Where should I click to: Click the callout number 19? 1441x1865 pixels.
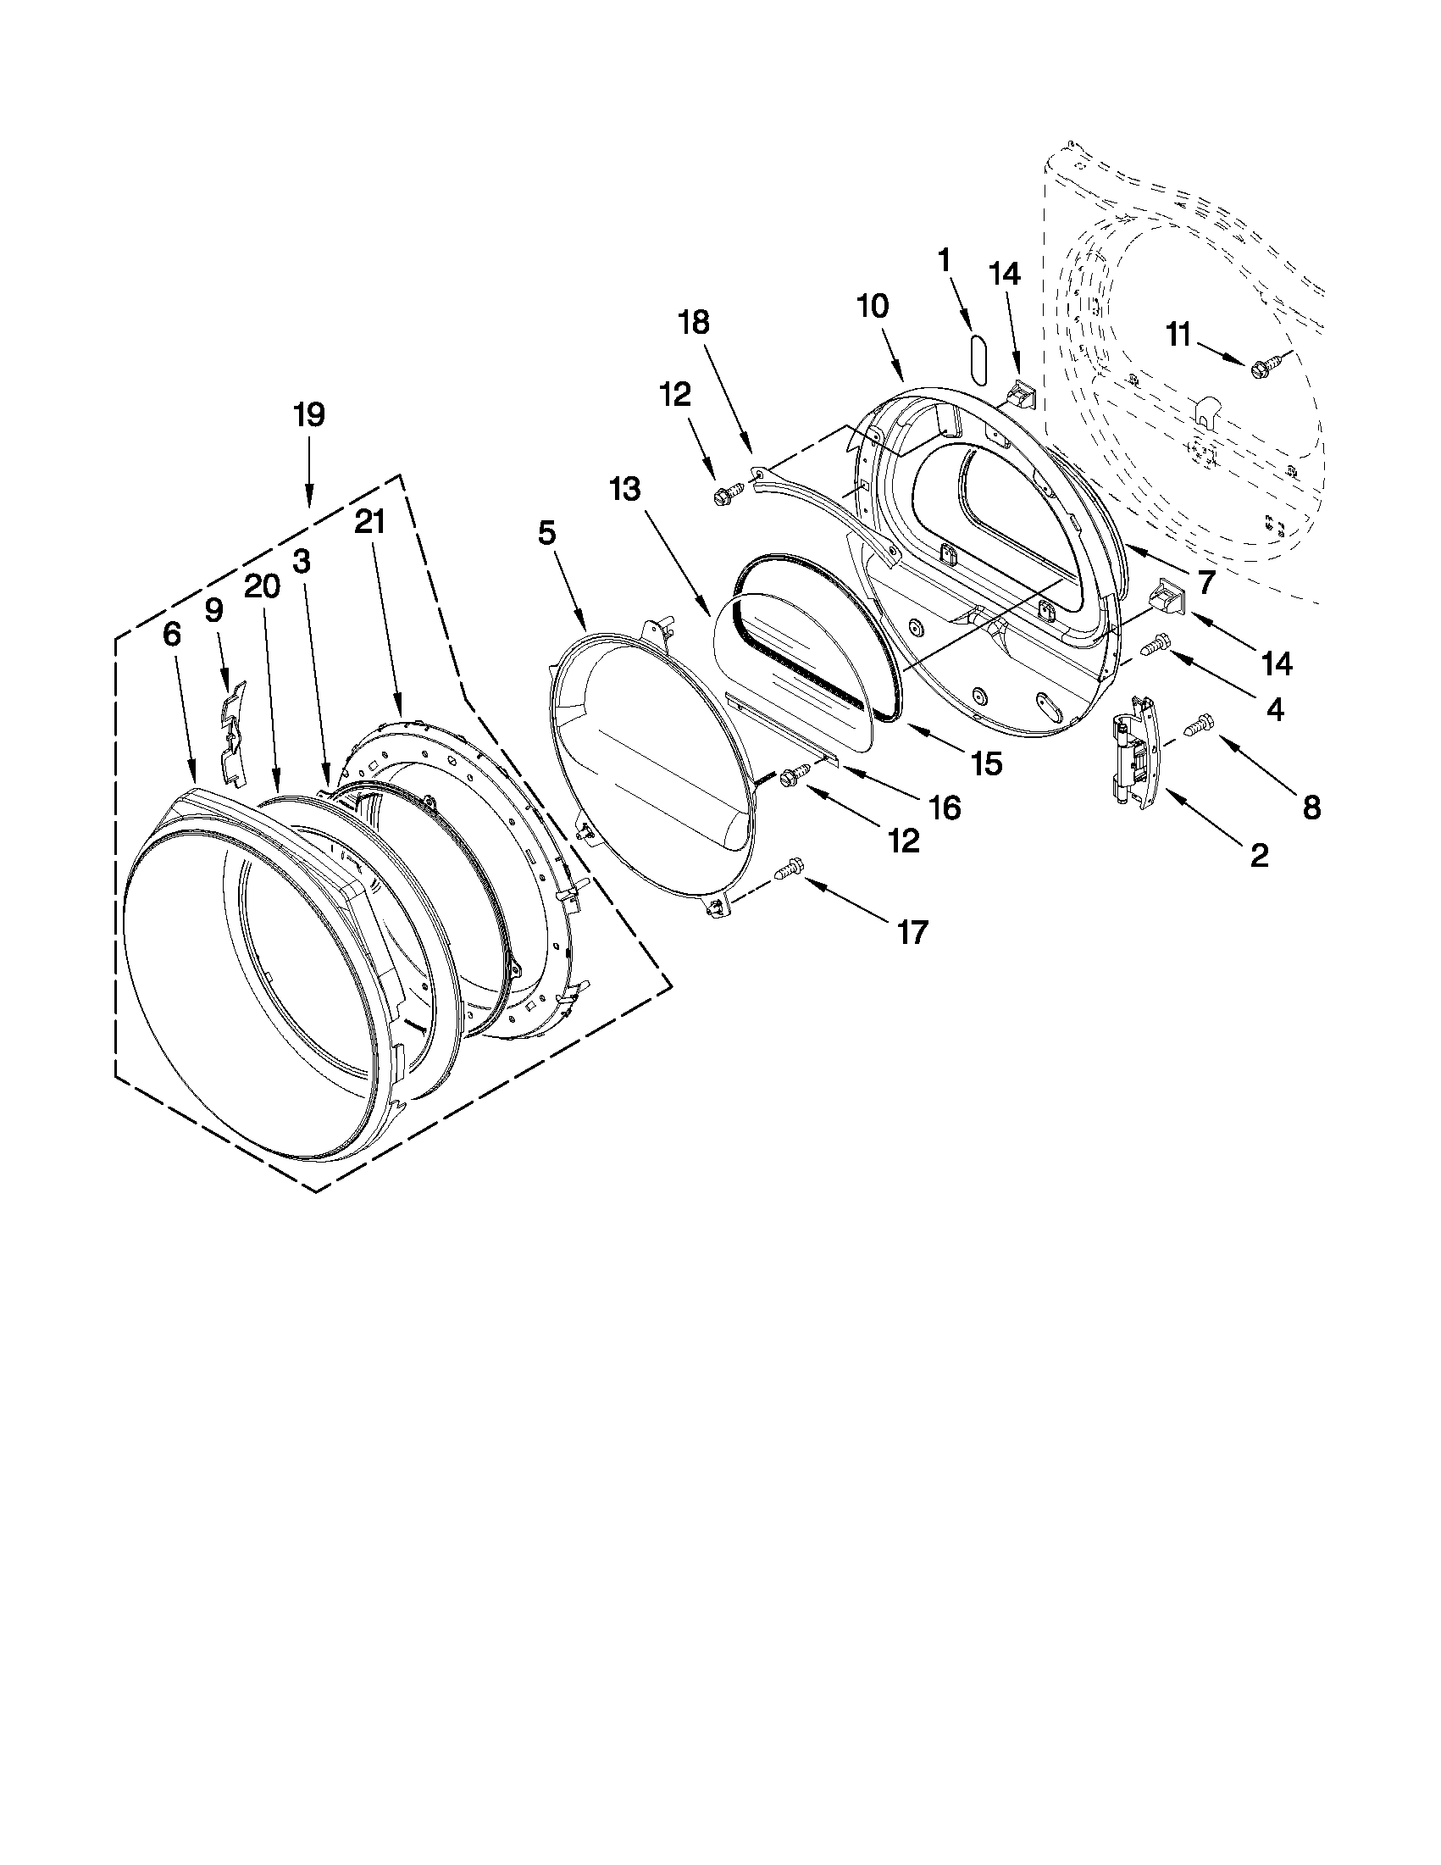point(309,415)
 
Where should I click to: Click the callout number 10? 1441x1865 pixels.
point(873,306)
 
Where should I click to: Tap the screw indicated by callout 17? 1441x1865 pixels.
point(788,870)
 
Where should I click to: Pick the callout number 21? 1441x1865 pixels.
point(370,522)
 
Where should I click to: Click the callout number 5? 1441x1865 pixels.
point(547,534)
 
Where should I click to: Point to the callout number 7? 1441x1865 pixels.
point(1205,582)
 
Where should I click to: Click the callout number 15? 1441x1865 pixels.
point(986,764)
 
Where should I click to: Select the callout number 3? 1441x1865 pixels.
point(302,561)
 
